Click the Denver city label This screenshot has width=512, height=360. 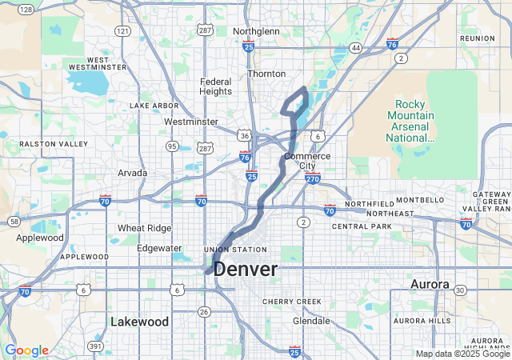[x=246, y=270]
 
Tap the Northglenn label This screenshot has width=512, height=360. [x=256, y=31]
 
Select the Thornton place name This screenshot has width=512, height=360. [x=266, y=73]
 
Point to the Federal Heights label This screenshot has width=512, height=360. [x=216, y=86]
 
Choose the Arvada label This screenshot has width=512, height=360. [x=133, y=172]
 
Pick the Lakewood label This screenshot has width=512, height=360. [x=139, y=322]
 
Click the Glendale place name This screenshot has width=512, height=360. [x=311, y=321]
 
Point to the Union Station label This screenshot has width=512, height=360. [x=234, y=250]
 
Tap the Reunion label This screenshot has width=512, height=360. [x=478, y=38]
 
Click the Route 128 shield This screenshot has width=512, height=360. [x=26, y=10]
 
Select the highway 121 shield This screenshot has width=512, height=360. [x=122, y=30]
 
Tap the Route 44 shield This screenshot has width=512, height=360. [x=356, y=48]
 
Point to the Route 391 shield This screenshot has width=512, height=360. [x=94, y=346]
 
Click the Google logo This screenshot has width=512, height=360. [x=26, y=350]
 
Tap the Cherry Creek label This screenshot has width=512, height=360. [x=293, y=302]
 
